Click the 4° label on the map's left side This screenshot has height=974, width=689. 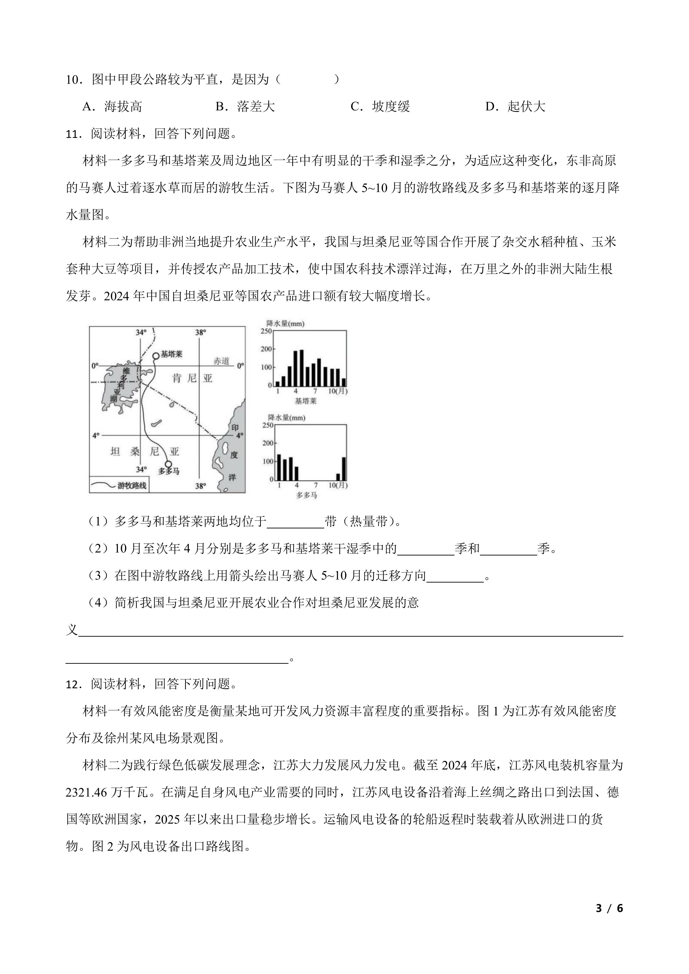[x=96, y=435]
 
